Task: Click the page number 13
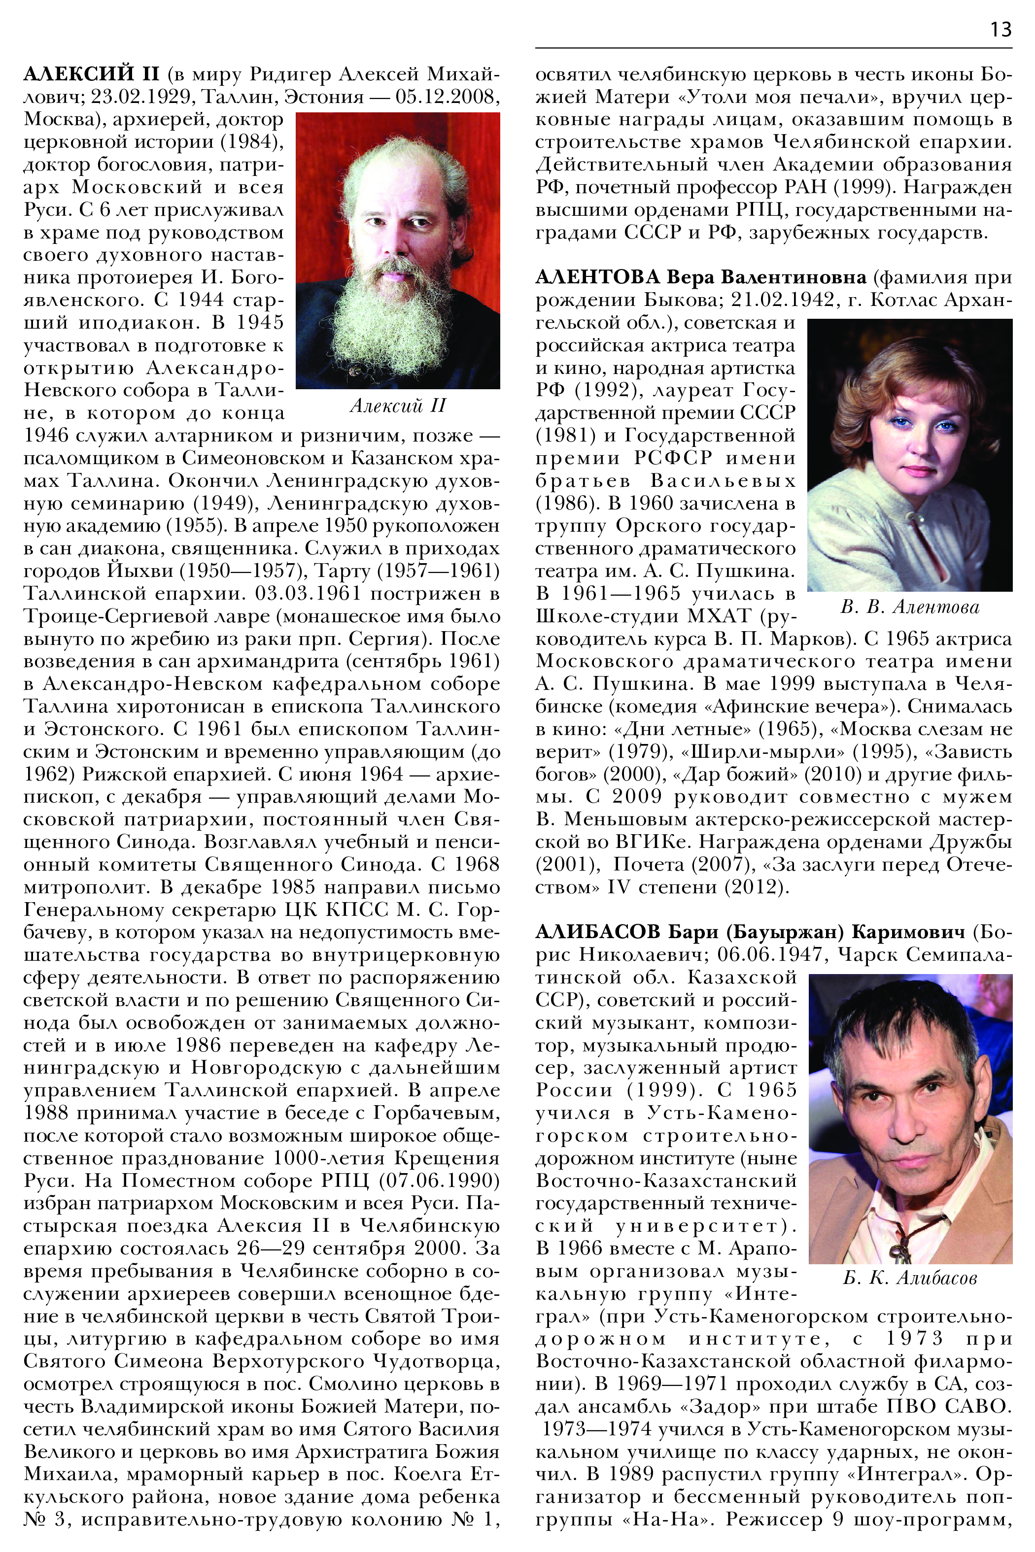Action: pyautogui.click(x=1000, y=30)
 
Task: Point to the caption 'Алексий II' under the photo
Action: pyautogui.click(x=397, y=405)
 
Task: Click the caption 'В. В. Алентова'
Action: pyautogui.click(x=910, y=607)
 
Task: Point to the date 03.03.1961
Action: pyautogui.click(x=308, y=594)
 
